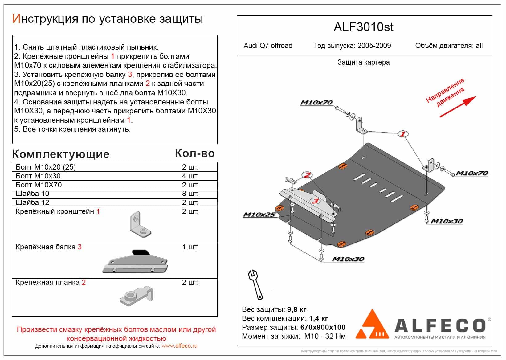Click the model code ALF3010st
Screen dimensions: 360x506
click(363, 27)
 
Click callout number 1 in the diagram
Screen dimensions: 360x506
click(403, 134)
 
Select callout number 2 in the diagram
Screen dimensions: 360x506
click(307, 175)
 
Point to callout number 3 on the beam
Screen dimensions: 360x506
click(315, 201)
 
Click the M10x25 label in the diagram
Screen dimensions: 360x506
click(259, 215)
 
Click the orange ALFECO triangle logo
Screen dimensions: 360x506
click(372, 325)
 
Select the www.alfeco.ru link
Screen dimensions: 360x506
click(179, 346)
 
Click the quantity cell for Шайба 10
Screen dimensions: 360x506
click(190, 194)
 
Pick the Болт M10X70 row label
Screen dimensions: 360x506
click(39, 185)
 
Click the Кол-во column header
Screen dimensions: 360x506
click(195, 153)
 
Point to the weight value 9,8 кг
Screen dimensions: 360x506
click(296, 309)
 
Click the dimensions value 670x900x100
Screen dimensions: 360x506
click(323, 327)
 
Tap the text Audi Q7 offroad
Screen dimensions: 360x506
click(268, 46)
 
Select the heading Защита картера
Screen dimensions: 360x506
click(363, 63)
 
